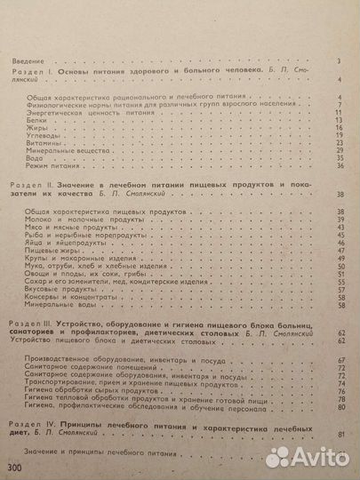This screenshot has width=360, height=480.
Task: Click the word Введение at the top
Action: (23, 60)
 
